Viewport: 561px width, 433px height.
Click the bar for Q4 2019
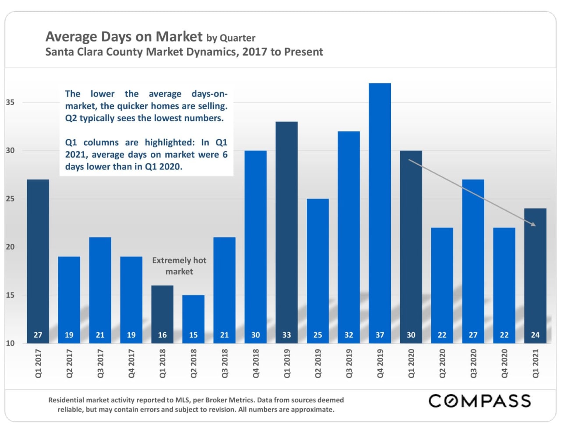click(x=380, y=210)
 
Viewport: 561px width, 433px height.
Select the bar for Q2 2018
click(x=193, y=317)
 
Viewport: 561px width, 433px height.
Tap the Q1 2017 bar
click(x=38, y=258)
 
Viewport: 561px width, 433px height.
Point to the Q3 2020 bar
click(x=473, y=258)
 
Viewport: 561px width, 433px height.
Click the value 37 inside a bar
click(x=380, y=335)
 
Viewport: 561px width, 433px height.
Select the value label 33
click(x=287, y=335)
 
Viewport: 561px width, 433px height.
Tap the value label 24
click(x=535, y=335)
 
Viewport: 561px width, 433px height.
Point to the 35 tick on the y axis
click(x=10, y=102)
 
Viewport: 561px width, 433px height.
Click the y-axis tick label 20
click(x=10, y=247)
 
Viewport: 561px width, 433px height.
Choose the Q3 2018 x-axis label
click(x=225, y=363)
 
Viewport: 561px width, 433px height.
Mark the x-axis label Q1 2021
click(x=536, y=363)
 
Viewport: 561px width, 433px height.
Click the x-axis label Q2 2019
click(x=318, y=363)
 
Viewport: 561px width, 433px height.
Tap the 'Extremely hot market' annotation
click(x=179, y=266)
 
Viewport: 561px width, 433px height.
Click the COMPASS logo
click(x=479, y=401)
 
